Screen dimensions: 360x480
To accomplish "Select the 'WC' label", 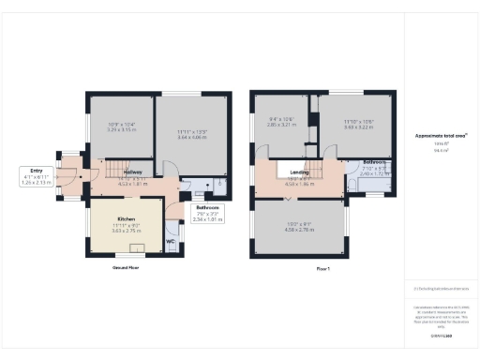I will pyautogui.click(x=170, y=241).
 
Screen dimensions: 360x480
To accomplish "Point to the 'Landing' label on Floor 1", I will pyautogui.click(x=300, y=172).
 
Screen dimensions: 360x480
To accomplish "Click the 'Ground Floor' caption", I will pyautogui.click(x=126, y=267).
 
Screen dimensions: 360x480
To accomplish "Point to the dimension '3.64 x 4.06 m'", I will pyautogui.click(x=190, y=139).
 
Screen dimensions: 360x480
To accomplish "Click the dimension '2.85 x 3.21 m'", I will pyautogui.click(x=281, y=125).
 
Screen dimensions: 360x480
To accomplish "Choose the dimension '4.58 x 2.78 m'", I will pyautogui.click(x=300, y=229).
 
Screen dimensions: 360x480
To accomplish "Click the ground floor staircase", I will pyautogui.click(x=113, y=169).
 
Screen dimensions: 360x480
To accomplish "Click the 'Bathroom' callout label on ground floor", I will pyautogui.click(x=206, y=207).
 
